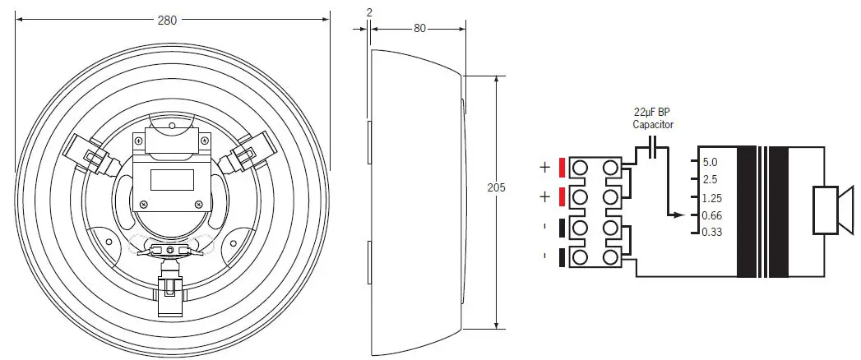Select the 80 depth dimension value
419,27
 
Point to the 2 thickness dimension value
369,11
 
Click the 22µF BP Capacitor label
652,118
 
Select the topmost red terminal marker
561,167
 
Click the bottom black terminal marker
561,257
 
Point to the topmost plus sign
544,167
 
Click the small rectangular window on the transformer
172,179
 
